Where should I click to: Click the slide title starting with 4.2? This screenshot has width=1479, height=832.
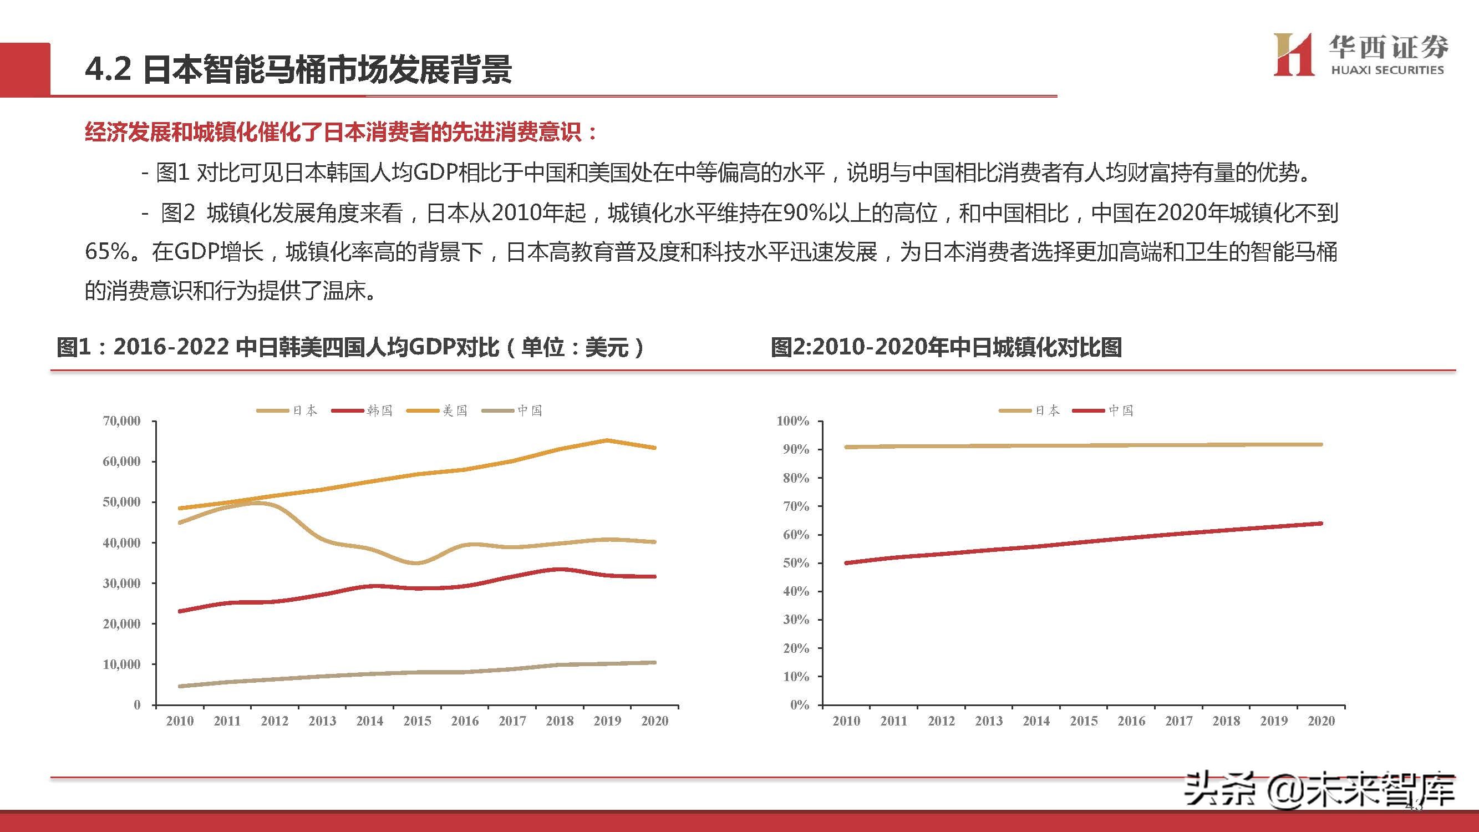298,70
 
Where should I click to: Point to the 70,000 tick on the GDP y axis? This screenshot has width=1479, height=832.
121,421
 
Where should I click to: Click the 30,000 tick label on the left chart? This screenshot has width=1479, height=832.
121,584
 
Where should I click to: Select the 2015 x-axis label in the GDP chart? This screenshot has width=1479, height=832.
417,721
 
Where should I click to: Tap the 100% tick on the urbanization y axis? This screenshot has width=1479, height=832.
793,421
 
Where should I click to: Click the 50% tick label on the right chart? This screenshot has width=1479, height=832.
796,564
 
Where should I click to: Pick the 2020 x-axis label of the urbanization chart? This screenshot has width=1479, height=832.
1321,721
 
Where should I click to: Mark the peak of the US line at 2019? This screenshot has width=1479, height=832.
607,440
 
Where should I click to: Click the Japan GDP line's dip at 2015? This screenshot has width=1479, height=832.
417,562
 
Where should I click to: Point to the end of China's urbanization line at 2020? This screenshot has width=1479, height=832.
1321,523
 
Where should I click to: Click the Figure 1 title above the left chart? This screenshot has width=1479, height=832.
350,347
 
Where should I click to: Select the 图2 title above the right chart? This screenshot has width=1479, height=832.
946,347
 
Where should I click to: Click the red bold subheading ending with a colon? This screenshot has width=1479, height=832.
341,132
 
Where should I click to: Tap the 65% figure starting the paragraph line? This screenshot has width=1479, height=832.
107,252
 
